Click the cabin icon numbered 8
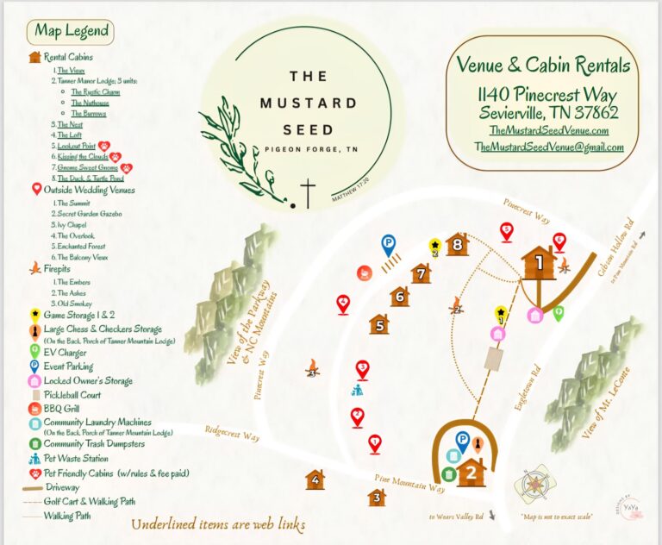click(x=456, y=245)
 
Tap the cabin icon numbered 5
click(x=378, y=324)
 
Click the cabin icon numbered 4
click(x=315, y=479)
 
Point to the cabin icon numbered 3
click(x=376, y=498)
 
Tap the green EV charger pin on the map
click(x=558, y=312)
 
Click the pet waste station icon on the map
click(x=357, y=390)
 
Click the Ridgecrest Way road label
click(x=232, y=432)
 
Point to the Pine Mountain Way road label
click(x=409, y=483)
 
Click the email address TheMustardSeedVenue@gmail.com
click(x=549, y=147)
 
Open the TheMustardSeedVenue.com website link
click(x=549, y=130)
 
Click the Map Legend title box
click(x=72, y=32)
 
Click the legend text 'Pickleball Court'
click(x=77, y=394)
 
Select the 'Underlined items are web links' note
click(x=218, y=524)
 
